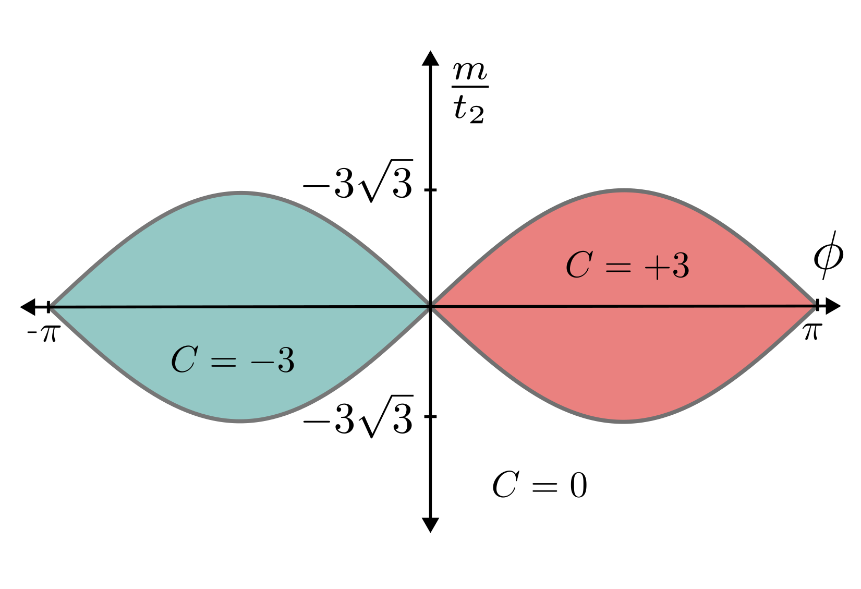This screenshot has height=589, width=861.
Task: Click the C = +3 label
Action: point(627,266)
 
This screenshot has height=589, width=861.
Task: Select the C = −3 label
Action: point(233,360)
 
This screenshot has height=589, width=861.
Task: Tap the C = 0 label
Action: point(539,485)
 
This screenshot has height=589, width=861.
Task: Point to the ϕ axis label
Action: point(828,255)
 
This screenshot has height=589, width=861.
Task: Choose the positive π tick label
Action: point(813,331)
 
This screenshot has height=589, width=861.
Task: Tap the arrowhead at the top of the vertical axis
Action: point(430,58)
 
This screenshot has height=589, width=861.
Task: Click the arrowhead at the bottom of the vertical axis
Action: point(430,524)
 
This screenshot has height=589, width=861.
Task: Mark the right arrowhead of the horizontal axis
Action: point(833,306)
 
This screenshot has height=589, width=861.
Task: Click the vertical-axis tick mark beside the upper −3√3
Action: point(430,190)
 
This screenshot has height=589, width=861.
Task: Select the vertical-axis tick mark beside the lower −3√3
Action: point(430,416)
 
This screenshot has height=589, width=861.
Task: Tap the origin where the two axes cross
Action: point(430,307)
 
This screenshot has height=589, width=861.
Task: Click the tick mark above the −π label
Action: point(48,307)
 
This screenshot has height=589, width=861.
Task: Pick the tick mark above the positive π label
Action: point(817,306)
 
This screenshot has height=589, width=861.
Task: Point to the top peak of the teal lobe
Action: point(241,193)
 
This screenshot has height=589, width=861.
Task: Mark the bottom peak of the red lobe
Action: point(623,421)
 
